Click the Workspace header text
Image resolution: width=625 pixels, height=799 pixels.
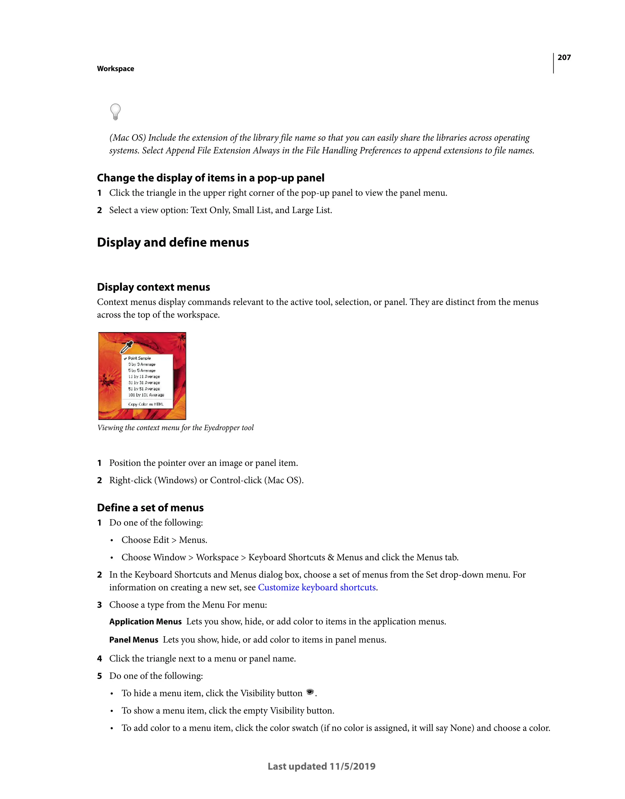click(115, 69)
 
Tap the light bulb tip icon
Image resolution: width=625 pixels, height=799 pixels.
click(115, 112)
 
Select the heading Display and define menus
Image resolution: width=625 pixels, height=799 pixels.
click(173, 242)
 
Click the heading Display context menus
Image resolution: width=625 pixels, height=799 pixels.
click(154, 287)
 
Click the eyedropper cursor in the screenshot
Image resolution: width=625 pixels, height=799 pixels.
click(127, 347)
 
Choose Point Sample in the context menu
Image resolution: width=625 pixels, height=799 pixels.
click(139, 358)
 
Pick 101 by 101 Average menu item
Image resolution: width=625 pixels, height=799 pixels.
click(146, 395)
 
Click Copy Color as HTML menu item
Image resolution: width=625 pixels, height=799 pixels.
click(146, 404)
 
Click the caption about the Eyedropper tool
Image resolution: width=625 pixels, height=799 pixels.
click(175, 428)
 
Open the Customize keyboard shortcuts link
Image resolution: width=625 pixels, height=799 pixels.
click(317, 588)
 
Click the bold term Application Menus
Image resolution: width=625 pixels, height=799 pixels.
click(145, 622)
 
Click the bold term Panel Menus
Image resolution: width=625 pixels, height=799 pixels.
click(134, 640)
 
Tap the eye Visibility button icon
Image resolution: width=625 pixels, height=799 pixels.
click(310, 692)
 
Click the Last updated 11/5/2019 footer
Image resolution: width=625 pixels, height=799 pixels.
click(321, 766)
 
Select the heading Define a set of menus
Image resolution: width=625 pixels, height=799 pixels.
click(150, 508)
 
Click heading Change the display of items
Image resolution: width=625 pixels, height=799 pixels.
click(211, 178)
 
